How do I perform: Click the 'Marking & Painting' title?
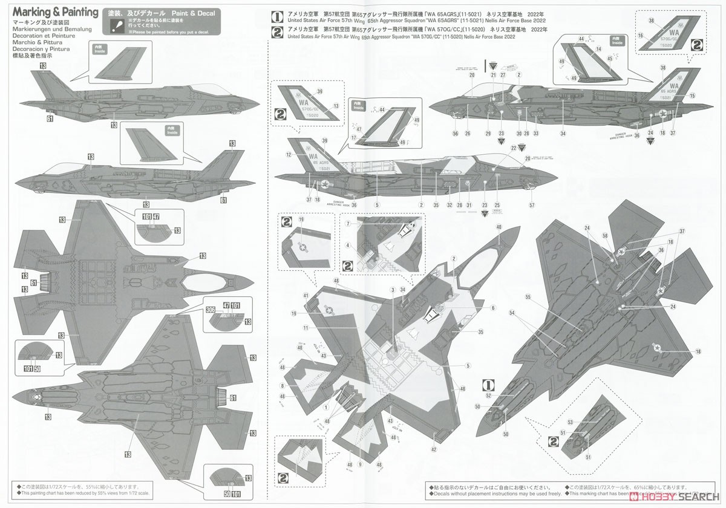[x=54, y=12]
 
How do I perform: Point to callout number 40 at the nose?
[x=499, y=227]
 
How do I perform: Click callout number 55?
[x=528, y=298]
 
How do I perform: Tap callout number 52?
[x=488, y=396]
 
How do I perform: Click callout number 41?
[x=306, y=295]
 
